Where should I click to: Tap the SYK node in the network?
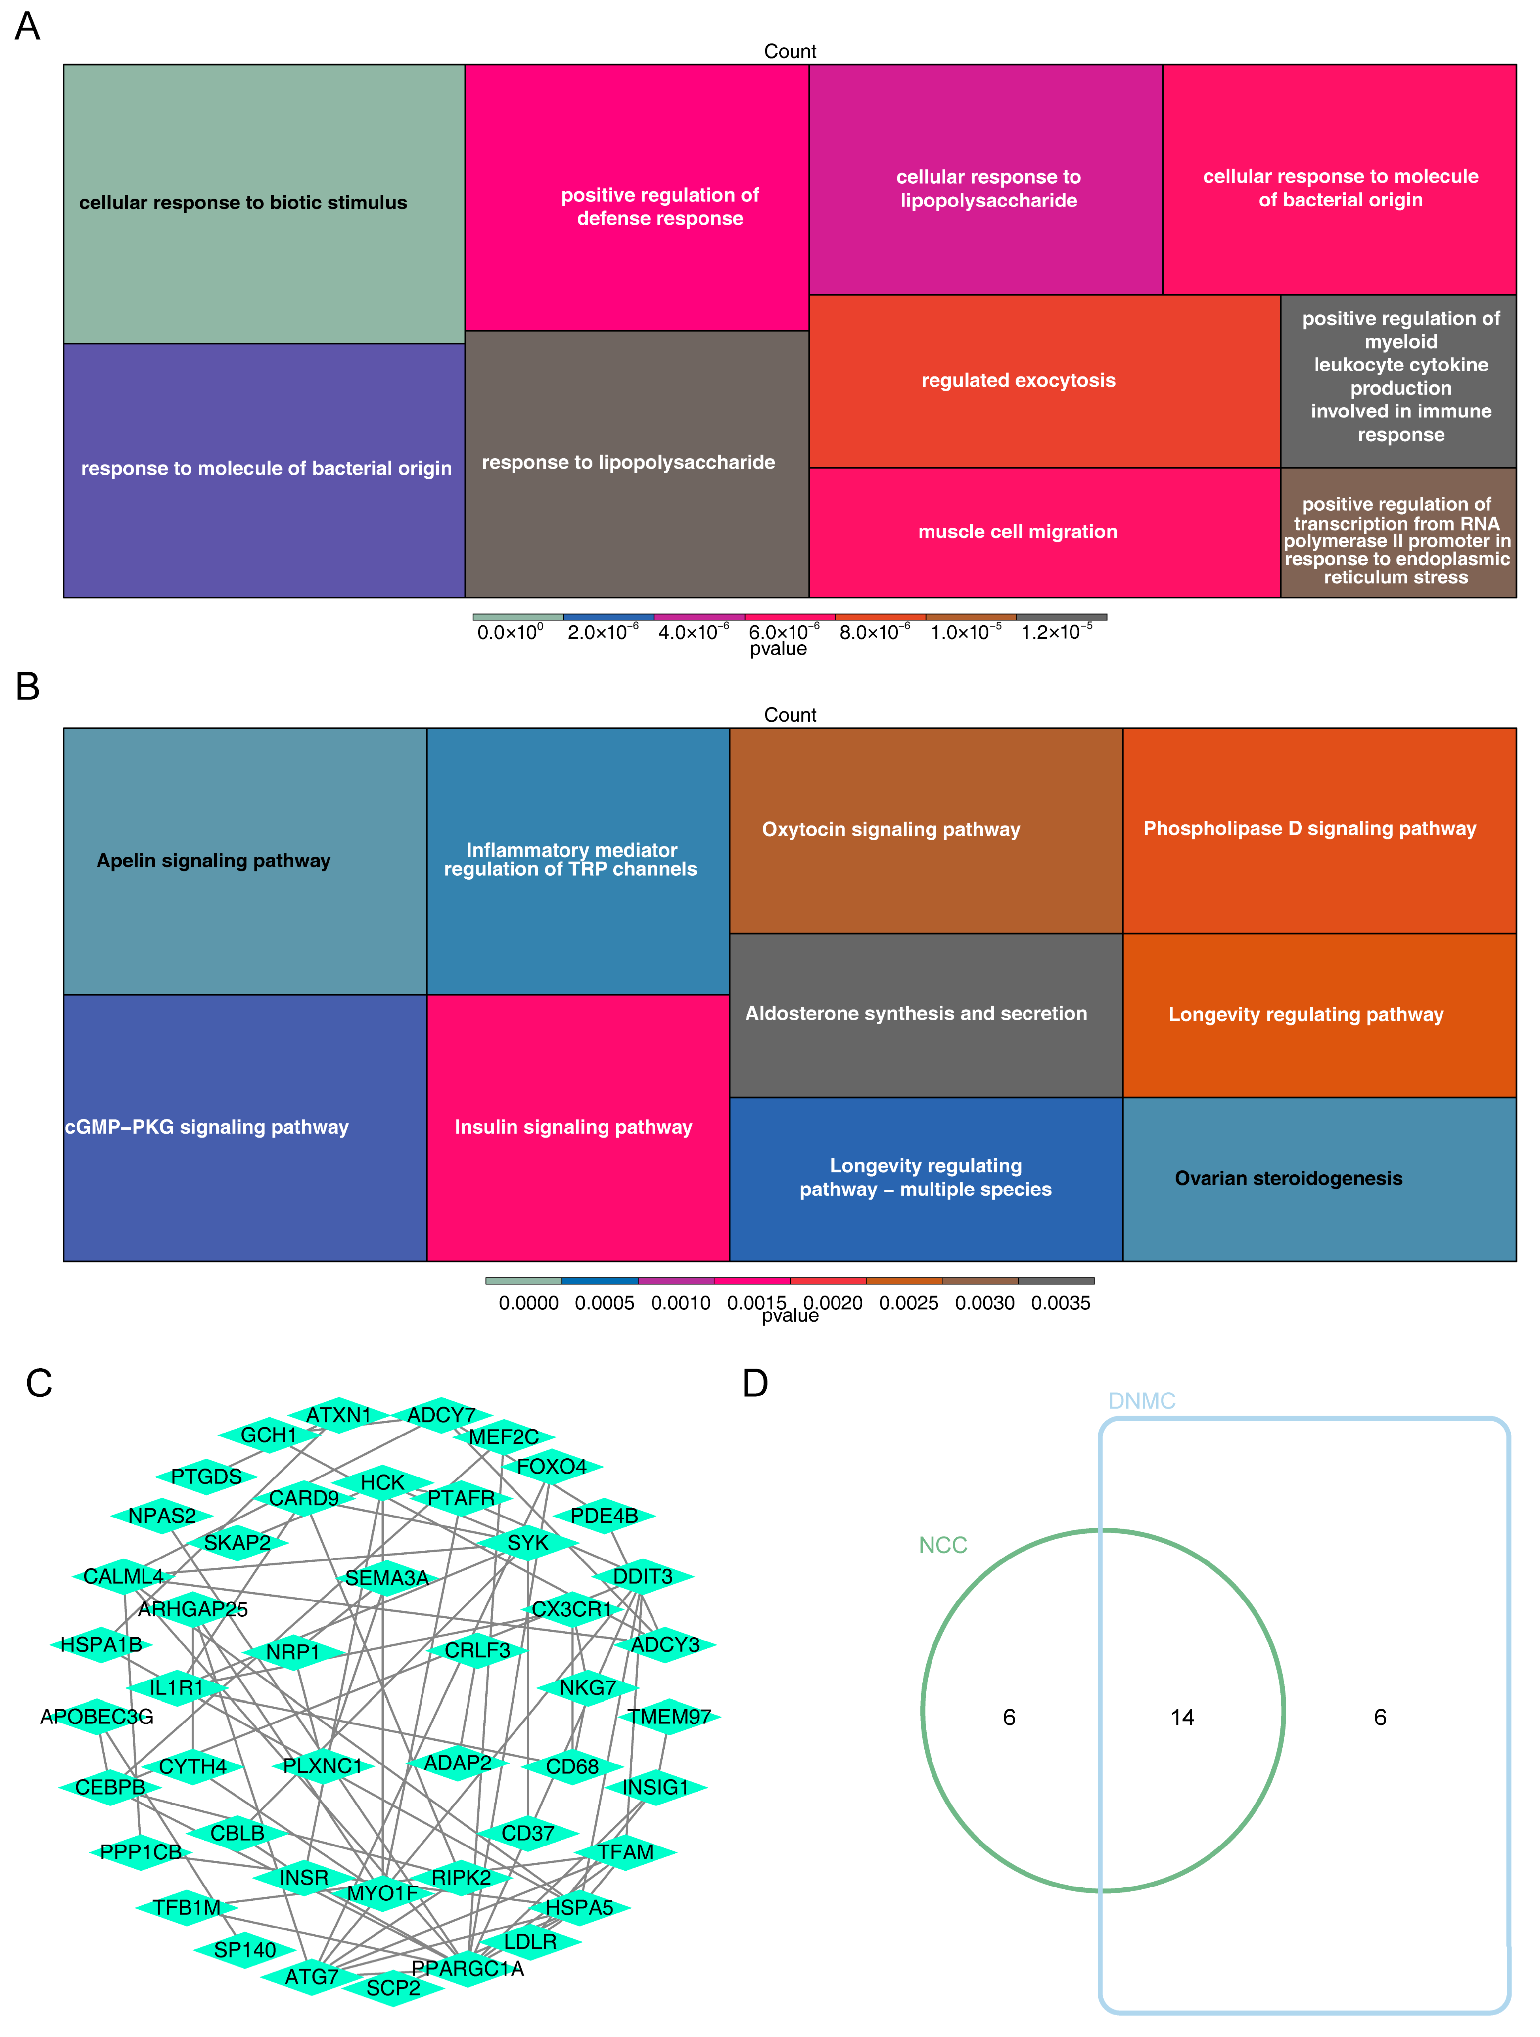tap(528, 1542)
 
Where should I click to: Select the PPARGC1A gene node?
tap(467, 1968)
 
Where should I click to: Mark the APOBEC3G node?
tap(97, 1717)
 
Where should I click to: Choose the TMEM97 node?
tap(669, 1717)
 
